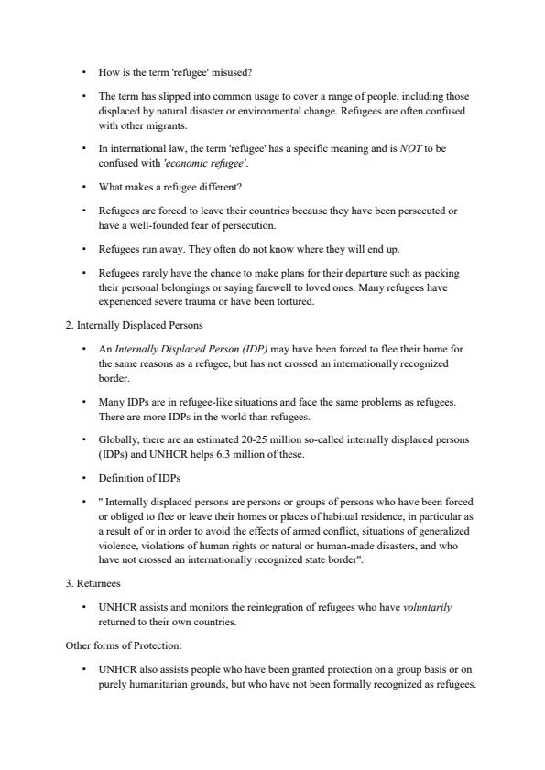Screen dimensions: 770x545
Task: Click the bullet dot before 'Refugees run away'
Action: (83, 248)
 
